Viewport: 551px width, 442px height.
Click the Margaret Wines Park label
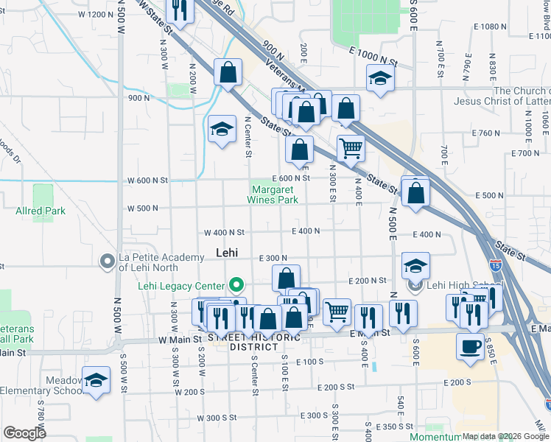tap(272, 194)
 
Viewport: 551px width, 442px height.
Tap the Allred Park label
tap(41, 211)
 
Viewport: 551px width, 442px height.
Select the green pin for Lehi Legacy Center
tap(236, 284)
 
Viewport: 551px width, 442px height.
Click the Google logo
tap(24, 433)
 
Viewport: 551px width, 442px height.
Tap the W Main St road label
tap(180, 340)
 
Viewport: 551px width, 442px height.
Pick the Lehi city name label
tap(227, 252)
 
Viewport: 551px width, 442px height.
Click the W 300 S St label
tap(219, 418)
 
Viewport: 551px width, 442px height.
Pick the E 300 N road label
tap(273, 258)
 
